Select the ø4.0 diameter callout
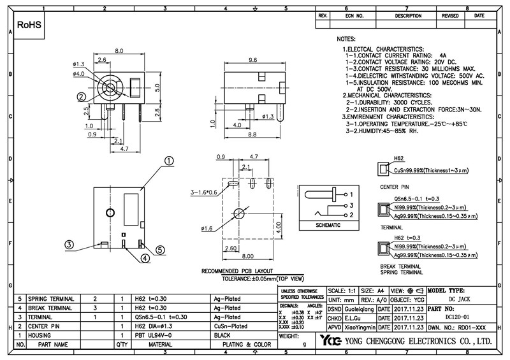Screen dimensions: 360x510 79,74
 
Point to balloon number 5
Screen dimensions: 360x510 160,250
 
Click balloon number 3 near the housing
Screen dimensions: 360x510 69,244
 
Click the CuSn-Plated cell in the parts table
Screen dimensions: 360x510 229,326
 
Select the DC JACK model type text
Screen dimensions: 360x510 462,298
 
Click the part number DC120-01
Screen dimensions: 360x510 462,317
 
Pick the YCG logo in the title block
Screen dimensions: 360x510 331,340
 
